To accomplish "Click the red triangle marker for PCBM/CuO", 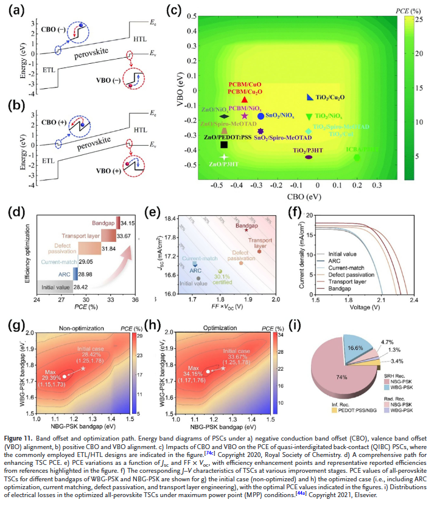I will click(244, 100).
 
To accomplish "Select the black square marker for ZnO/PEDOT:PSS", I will click(224, 145).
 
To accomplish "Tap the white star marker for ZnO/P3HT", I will click(224, 157).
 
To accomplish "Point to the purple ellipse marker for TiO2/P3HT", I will click(309, 157).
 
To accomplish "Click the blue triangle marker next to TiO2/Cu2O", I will click(310, 97).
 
